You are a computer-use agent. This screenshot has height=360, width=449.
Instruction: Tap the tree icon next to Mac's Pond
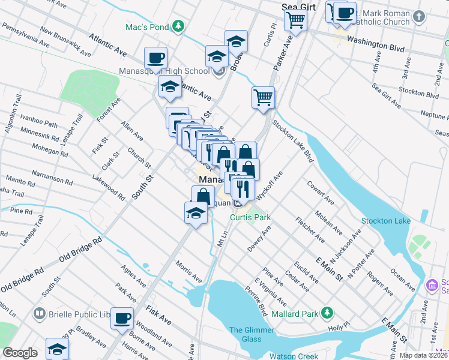pos(178,26)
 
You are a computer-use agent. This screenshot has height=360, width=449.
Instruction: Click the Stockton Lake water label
pos(386,221)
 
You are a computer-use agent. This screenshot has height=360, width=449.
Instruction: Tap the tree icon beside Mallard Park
pos(327,312)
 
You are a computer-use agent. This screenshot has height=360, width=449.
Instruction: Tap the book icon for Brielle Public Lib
pos(39,314)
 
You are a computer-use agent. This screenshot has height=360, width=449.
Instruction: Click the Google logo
pos(20,353)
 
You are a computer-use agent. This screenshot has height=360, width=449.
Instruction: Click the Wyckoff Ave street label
pos(268,186)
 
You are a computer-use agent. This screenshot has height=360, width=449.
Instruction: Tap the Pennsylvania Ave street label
pos(25,35)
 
